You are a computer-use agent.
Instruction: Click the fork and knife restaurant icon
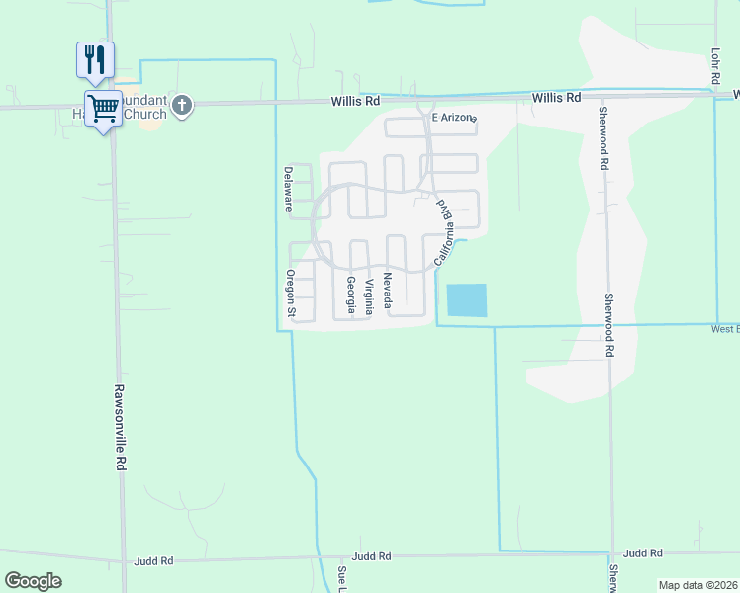pyautogui.click(x=95, y=60)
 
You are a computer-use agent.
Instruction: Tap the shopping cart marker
pyautogui.click(x=103, y=109)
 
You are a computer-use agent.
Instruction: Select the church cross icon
pyautogui.click(x=181, y=106)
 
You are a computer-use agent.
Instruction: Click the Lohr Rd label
pyautogui.click(x=714, y=64)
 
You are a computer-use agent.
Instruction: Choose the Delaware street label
pyautogui.click(x=289, y=189)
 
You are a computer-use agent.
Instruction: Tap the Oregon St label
pyautogui.click(x=291, y=294)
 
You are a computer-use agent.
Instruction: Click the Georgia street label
pyautogui.click(x=351, y=295)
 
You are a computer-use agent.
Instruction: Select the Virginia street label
pyautogui.click(x=369, y=296)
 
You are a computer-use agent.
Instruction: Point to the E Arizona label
pyautogui.click(x=454, y=119)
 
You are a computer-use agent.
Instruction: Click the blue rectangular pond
pyautogui.click(x=467, y=300)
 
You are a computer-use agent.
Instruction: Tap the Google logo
pyautogui.click(x=33, y=581)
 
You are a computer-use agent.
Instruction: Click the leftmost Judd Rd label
pyautogui.click(x=153, y=560)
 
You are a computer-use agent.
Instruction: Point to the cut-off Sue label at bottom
pyautogui.click(x=341, y=580)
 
